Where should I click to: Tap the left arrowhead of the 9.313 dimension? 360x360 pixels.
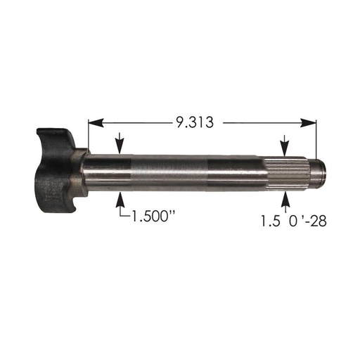[x=93, y=122]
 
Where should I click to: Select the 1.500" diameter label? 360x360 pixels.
[x=152, y=217]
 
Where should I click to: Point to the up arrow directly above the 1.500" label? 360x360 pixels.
[x=122, y=198]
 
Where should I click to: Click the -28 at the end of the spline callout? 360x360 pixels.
[x=312, y=220]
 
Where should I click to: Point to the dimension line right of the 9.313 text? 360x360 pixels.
[x=267, y=122]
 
